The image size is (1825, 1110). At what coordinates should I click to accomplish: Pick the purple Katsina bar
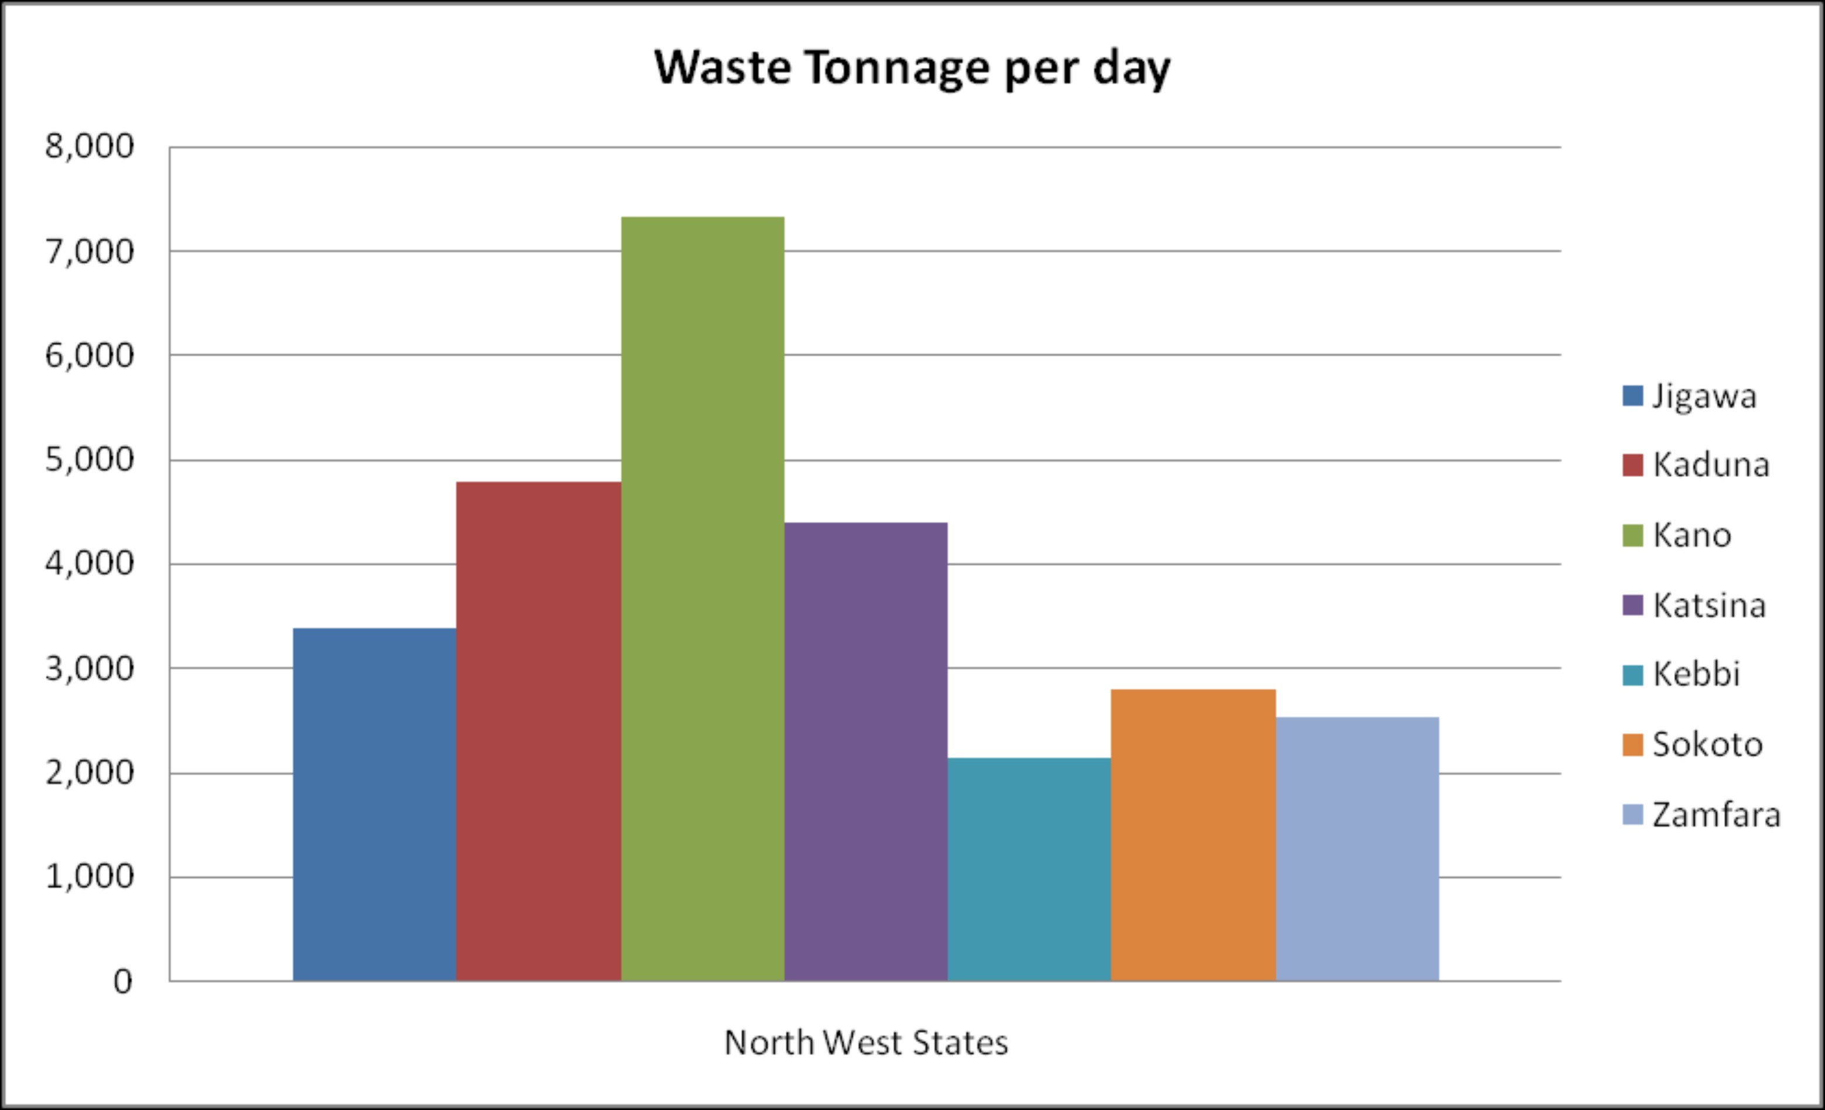pos(866,751)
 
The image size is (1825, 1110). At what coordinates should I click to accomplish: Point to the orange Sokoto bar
pos(1193,834)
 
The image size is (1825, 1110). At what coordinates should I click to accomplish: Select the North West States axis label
pos(865,1043)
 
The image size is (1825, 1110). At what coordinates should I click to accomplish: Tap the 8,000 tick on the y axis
pos(90,147)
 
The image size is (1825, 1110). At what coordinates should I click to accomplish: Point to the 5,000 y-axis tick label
pos(90,460)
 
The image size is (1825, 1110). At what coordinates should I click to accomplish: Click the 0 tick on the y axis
pos(122,982)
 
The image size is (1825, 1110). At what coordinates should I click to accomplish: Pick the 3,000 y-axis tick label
pos(90,669)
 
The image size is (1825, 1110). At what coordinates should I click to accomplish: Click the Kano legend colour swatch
pos(1632,535)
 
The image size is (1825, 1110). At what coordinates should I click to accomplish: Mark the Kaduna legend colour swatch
pos(1632,465)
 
